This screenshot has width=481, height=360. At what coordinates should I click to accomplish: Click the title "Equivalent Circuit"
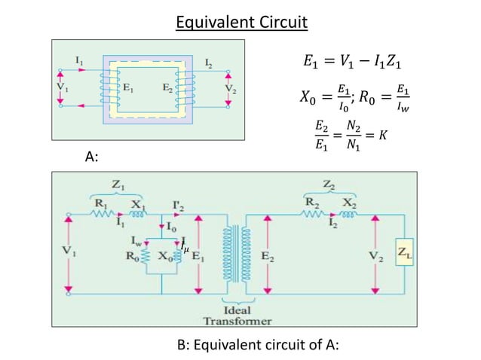click(241, 22)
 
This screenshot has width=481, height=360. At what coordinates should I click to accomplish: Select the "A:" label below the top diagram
click(92, 157)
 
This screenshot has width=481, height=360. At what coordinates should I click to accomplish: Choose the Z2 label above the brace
click(329, 183)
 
